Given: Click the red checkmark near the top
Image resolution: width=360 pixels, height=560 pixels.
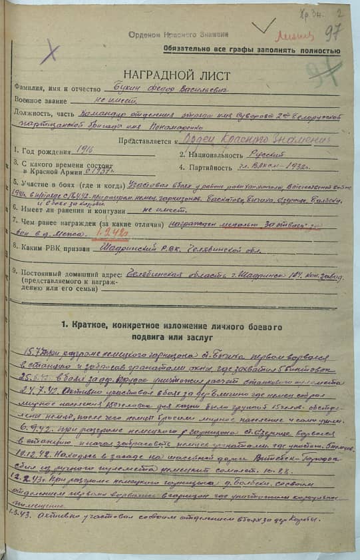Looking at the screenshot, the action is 263,27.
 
